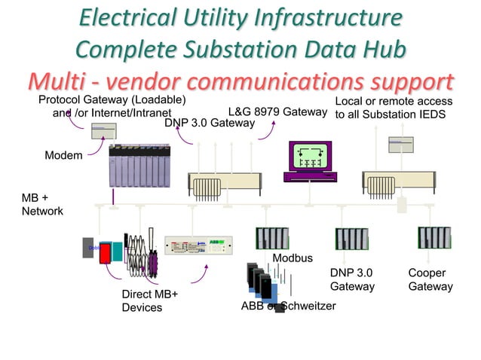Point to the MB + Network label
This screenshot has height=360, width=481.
tap(41, 204)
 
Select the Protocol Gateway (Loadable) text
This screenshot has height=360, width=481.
tap(112, 101)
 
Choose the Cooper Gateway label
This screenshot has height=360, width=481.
tap(430, 279)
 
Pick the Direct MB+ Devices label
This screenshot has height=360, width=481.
tap(149, 301)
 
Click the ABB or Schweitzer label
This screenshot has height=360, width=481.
tap(288, 306)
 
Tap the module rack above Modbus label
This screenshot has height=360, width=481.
tap(272, 238)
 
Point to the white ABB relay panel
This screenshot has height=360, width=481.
tap(198, 246)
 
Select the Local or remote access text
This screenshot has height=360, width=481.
tap(394, 101)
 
